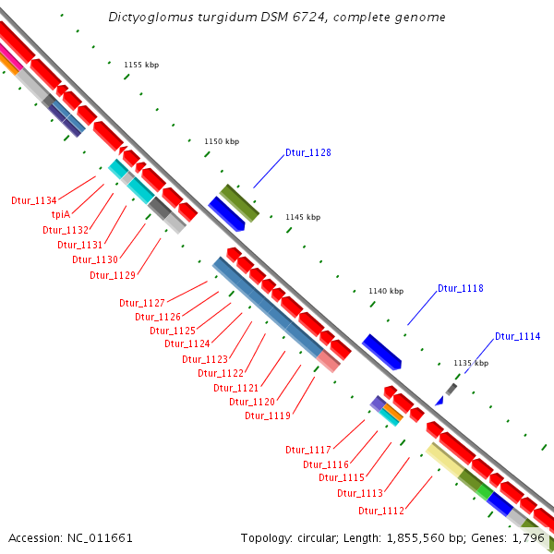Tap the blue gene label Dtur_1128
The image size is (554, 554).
(307, 152)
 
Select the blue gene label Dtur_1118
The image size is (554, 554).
(460, 288)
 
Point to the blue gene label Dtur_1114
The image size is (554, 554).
(517, 336)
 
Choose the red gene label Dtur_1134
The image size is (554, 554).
(34, 199)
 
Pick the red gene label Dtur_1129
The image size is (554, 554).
(113, 274)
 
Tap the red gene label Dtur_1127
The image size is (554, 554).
(141, 303)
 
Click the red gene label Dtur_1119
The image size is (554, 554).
(268, 415)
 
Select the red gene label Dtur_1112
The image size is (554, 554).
(381, 511)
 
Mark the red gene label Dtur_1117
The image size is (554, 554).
(308, 450)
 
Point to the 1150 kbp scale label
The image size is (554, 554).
(222, 141)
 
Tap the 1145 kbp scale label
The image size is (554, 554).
(303, 217)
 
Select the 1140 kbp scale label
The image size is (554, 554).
(386, 291)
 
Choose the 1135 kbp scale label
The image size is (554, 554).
(470, 363)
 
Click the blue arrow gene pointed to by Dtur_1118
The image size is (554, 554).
(381, 352)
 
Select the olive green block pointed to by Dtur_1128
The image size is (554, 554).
(238, 201)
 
